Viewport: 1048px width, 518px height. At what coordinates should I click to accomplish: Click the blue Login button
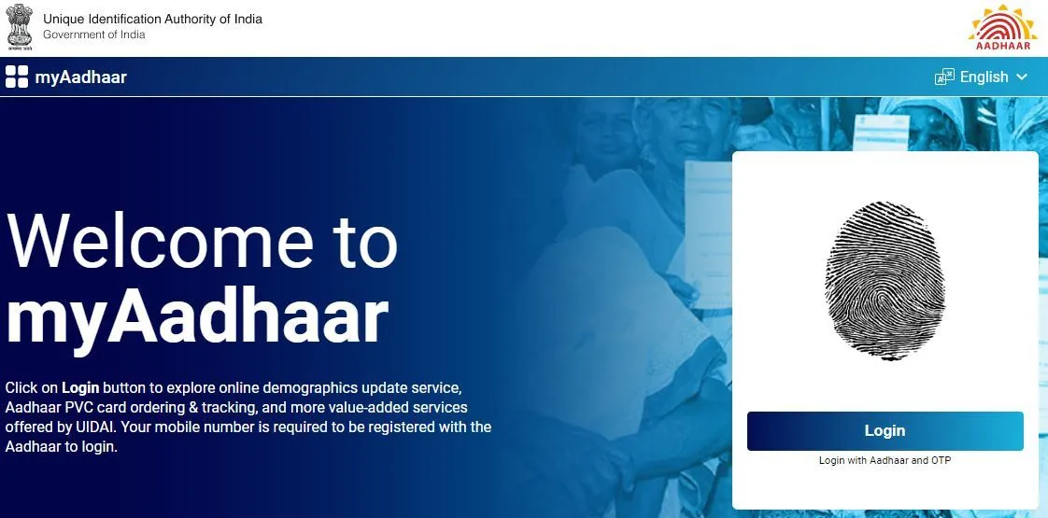(x=885, y=431)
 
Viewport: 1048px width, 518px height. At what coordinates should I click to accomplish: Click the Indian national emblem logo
(x=19, y=27)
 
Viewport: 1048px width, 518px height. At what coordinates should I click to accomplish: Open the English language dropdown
(x=981, y=77)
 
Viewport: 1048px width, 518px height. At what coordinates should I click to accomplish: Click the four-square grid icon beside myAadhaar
(x=17, y=77)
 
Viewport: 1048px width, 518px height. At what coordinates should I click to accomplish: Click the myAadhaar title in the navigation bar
(x=81, y=77)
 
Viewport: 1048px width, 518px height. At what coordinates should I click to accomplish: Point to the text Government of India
(x=93, y=35)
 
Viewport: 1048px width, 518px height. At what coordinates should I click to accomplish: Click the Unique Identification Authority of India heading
(x=152, y=19)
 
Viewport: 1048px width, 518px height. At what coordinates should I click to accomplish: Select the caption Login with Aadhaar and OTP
(x=885, y=460)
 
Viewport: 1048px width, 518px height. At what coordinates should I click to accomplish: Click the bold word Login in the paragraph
(x=80, y=388)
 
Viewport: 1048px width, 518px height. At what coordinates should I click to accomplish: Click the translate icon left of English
(x=944, y=77)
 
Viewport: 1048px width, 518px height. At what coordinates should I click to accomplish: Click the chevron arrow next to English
(x=1021, y=77)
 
